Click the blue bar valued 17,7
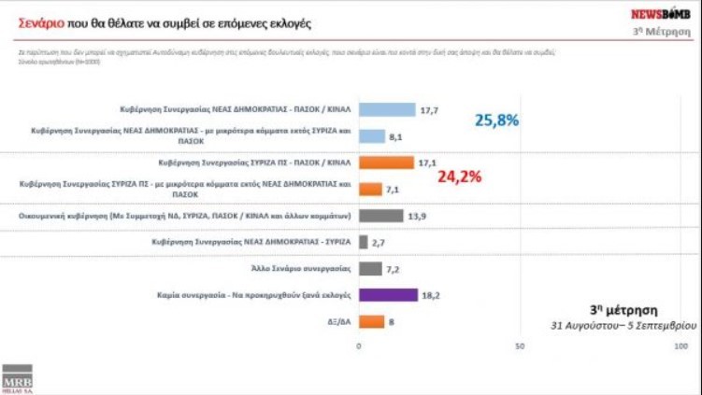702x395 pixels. click(388, 109)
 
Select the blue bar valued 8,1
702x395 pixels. click(372, 136)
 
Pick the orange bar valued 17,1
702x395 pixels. click(387, 162)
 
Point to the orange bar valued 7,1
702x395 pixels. click(371, 190)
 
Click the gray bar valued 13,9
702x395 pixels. click(381, 216)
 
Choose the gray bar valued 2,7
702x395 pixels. click(364, 242)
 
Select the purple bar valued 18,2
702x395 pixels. click(389, 295)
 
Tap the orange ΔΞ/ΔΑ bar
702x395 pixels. click(372, 321)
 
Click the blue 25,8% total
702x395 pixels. click(496, 120)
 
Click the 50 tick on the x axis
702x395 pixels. click(519, 346)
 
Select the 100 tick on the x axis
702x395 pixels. click(681, 346)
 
